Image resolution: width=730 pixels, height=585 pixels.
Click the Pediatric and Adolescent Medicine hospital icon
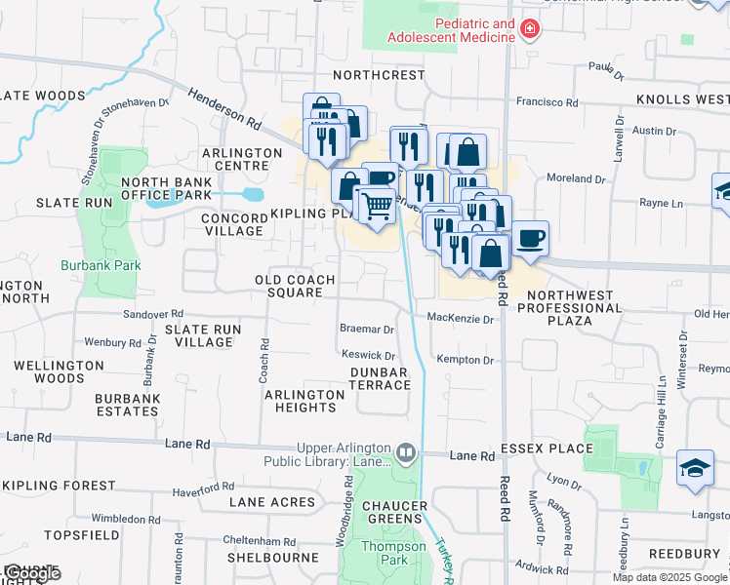530,30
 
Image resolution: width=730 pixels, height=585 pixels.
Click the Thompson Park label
392,553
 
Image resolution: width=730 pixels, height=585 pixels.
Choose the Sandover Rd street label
153,314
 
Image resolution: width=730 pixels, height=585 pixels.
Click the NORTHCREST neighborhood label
379,75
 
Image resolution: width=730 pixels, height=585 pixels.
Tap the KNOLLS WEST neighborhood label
682,100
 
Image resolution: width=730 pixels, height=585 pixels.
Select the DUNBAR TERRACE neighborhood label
381,378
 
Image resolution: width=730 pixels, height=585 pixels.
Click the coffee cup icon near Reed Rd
530,237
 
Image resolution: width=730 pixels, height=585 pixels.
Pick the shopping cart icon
376,205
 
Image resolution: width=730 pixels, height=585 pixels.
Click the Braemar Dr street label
366,330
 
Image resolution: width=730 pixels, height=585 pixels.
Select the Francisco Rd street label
548,101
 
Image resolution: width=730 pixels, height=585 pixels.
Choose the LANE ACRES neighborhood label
272,502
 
